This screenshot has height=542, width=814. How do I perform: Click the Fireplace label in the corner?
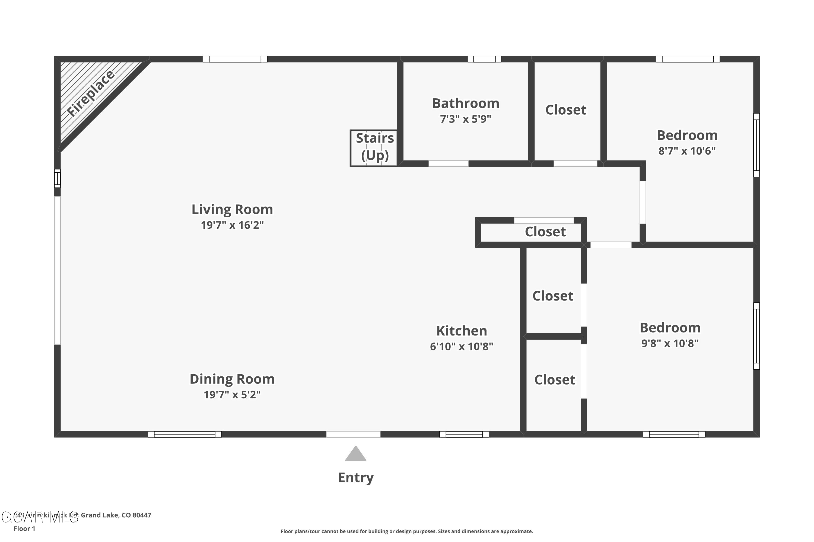pos(91,93)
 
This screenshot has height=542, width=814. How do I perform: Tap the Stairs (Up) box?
pos(374,148)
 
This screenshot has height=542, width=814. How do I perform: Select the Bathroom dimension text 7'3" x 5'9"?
pos(466,119)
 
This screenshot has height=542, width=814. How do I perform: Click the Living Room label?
pos(232,209)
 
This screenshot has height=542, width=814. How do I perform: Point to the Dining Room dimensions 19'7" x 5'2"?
pos(232,394)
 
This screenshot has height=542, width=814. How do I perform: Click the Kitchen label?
pos(461,331)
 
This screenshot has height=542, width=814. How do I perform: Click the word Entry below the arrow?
pos(355,477)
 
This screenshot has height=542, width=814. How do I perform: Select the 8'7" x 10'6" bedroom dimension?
pos(687,151)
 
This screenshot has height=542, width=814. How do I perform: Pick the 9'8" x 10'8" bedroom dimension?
pos(670,343)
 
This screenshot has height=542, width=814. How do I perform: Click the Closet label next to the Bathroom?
pos(565,110)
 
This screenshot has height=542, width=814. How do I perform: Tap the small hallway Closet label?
pos(545,232)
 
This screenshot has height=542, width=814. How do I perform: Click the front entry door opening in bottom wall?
pos(353,434)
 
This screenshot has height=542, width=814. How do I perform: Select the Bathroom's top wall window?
pos(484,59)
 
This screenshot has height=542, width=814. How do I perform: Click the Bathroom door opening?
pos(449,163)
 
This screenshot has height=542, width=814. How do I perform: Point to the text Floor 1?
pos(24,528)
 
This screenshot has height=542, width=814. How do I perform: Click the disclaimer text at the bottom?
pos(407,531)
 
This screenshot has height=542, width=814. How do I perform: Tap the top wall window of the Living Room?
pos(235,59)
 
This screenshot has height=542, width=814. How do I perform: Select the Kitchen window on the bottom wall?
pos(464,434)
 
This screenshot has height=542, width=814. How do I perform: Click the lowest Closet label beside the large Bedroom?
pos(554,380)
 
